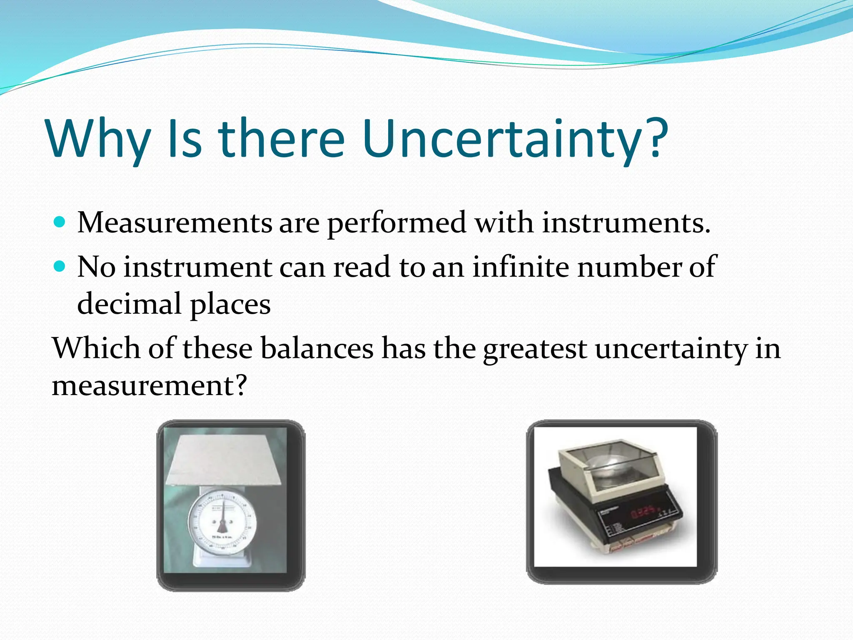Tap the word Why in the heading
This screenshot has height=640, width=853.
pyautogui.click(x=98, y=140)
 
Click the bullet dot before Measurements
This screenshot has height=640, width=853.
pyautogui.click(x=60, y=222)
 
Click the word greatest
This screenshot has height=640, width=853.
pyautogui.click(x=535, y=349)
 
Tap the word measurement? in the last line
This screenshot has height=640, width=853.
pyautogui.click(x=149, y=385)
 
